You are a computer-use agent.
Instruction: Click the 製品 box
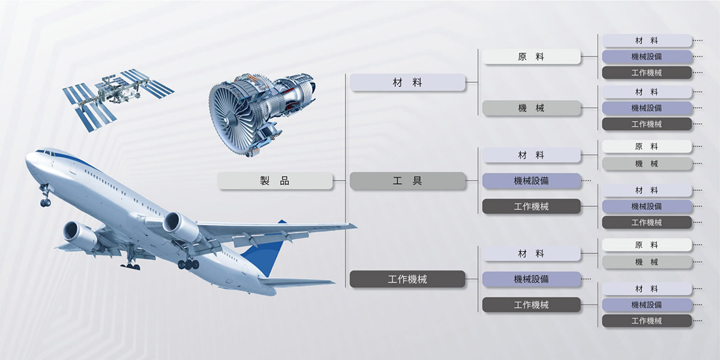(275, 181)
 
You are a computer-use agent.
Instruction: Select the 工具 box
(407, 181)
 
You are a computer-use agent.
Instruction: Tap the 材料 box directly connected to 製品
(407, 82)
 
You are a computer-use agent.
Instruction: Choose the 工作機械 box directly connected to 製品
(407, 279)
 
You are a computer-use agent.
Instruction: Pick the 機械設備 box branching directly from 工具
(532, 181)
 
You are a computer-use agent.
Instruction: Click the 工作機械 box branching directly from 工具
(532, 206)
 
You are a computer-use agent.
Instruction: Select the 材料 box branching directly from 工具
(532, 155)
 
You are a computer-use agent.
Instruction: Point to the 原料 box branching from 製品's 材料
(532, 56)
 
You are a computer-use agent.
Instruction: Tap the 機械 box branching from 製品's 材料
(532, 108)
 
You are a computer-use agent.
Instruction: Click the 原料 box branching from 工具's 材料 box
(647, 146)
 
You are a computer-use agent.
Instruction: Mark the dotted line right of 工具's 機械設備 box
(586, 181)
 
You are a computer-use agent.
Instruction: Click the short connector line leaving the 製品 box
(339, 181)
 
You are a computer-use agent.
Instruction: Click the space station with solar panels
(118, 98)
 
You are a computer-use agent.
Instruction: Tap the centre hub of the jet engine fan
(227, 120)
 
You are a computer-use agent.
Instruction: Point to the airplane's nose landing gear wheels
(46, 202)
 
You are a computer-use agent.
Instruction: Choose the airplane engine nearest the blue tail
(181, 226)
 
